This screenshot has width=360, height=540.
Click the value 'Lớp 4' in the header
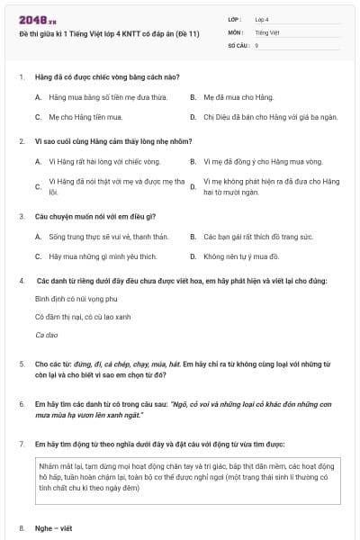(262, 18)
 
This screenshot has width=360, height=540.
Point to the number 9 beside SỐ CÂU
(256, 45)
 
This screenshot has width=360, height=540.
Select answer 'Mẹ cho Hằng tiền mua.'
(85, 117)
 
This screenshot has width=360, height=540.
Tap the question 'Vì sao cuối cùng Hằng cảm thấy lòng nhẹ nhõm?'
(111, 141)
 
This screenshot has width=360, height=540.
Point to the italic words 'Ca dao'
(45, 335)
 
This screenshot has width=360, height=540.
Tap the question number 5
(22, 364)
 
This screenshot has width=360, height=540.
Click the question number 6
(22, 404)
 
